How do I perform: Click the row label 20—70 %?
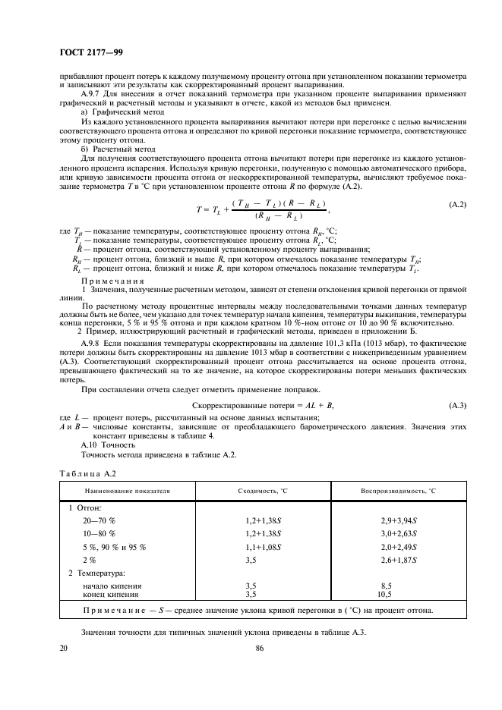pyautogui.click(x=99, y=520)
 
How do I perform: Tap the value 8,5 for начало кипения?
pyautogui.click(x=387, y=586)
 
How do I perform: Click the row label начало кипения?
pyautogui.click(x=112, y=586)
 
